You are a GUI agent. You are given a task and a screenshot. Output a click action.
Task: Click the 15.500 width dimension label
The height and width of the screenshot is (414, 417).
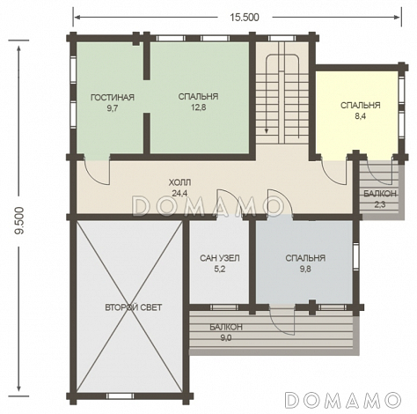coord(245,18)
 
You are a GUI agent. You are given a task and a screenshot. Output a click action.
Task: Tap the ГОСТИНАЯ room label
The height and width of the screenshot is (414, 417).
coord(113,97)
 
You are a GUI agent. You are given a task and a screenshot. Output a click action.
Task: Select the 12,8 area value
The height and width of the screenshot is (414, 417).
coord(199,107)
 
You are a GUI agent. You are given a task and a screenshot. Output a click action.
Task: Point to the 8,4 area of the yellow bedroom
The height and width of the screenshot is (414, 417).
coord(361,116)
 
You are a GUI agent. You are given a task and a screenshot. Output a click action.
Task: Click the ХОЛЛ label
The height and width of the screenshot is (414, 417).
coord(179,182)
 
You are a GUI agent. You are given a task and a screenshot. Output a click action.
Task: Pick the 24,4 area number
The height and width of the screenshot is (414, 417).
coord(180,193)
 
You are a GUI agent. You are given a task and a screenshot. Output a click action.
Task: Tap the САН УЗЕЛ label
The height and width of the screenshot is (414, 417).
coord(220,258)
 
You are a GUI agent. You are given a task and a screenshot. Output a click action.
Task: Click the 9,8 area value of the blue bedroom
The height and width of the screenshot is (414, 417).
coord(305,269)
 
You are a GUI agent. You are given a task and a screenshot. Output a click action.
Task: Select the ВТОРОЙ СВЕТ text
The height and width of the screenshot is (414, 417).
coord(134,307)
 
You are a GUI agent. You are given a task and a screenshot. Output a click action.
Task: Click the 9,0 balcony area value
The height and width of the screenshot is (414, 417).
coord(226,338)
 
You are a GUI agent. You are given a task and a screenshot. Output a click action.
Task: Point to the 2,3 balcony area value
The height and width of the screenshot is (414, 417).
coord(380,204)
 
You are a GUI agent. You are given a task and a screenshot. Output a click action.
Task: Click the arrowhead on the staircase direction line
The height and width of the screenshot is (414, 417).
coord(267,130)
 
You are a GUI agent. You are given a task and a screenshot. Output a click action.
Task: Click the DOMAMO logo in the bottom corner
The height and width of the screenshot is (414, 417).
coord(343,400)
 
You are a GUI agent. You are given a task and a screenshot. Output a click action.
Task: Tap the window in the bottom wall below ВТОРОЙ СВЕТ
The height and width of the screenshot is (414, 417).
coord(120,396)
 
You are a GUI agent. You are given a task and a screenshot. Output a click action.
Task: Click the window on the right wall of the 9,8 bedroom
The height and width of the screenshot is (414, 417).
coord(355,257)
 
